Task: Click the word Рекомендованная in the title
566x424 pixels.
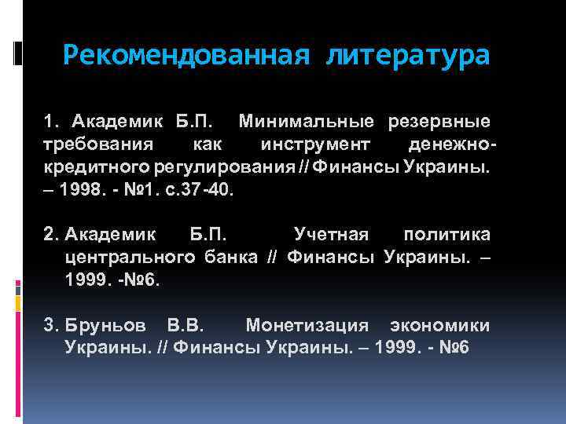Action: click(185, 56)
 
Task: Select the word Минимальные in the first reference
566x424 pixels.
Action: click(306, 122)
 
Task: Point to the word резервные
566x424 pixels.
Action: click(438, 122)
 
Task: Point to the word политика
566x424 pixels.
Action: click(446, 235)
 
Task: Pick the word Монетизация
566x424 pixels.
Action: click(307, 325)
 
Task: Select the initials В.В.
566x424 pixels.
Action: click(186, 325)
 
